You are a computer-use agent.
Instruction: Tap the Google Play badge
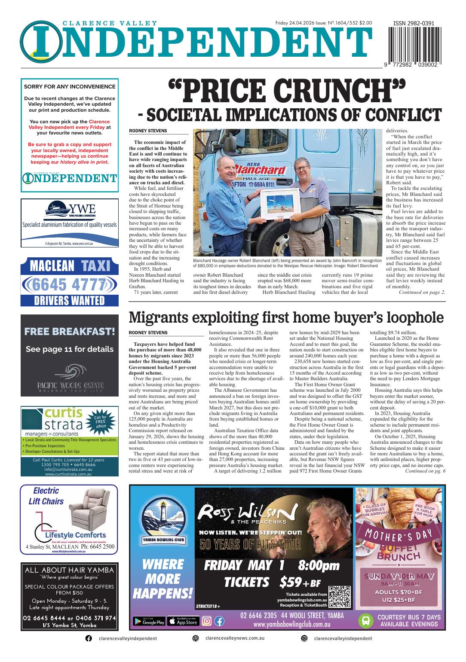pos(149,621)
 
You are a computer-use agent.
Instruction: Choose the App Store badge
pos(182,621)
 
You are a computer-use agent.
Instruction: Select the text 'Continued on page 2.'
pos(422,292)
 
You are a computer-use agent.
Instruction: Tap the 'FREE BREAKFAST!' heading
pos(69,331)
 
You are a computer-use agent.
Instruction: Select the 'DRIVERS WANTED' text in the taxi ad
pos(69,300)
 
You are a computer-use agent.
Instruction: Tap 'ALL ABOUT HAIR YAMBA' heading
pos(69,570)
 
